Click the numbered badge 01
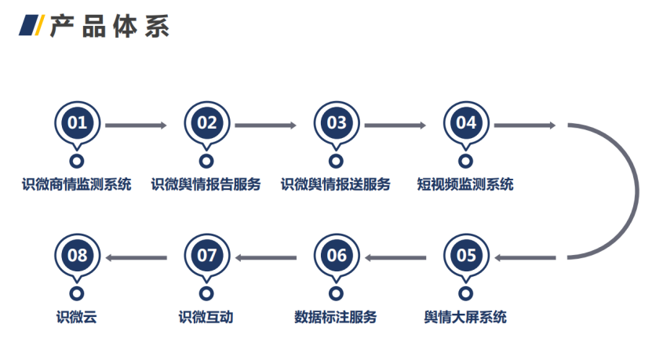coord(78,123)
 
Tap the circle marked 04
coord(466,123)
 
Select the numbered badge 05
coord(466,256)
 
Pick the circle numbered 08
coord(78,256)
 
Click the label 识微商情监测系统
coord(77,184)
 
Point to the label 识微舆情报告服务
coord(206,184)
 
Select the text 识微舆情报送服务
coord(336,184)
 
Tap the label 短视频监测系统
coord(465,184)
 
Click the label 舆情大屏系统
coord(465,317)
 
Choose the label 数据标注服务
coord(336,317)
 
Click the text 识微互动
coord(206,317)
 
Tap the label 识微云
coord(77,317)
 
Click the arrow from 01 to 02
coord(136,125)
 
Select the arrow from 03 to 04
coord(395,125)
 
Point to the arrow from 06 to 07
coord(266,258)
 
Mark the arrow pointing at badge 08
coord(137,258)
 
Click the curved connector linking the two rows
coord(637,191)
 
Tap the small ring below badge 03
coord(336,161)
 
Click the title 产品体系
coord(109,26)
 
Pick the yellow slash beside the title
coord(39,25)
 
